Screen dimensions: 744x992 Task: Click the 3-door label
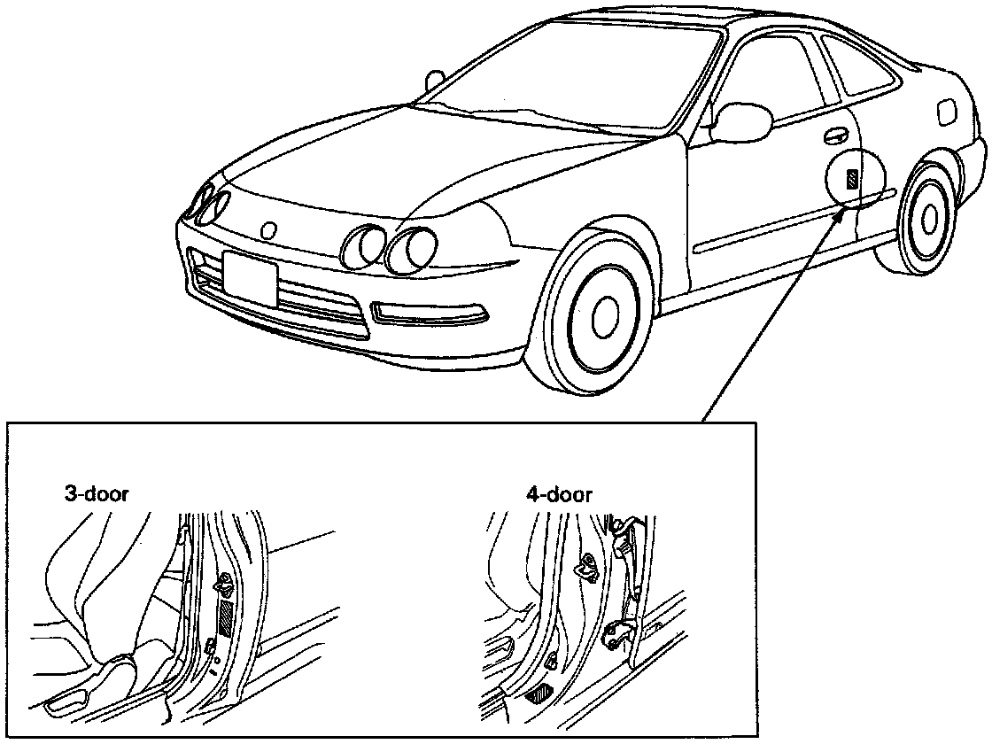(x=97, y=493)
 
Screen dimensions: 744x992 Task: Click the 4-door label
(x=558, y=494)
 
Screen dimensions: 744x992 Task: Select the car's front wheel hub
(x=606, y=314)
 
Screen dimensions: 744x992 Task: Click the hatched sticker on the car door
(x=852, y=180)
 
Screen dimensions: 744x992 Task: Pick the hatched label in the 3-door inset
(x=228, y=617)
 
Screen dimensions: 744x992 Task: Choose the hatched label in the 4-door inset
(x=538, y=694)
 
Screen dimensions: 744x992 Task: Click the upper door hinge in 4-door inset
(x=627, y=530)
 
